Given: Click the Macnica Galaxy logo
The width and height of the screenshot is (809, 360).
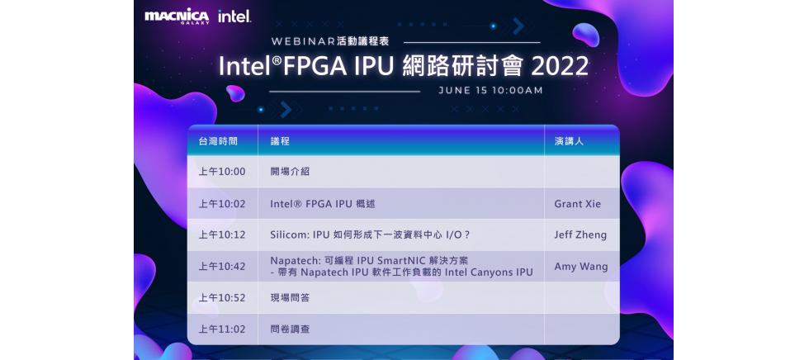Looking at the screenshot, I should tap(177, 17).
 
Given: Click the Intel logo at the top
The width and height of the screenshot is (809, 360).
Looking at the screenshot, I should tap(234, 17).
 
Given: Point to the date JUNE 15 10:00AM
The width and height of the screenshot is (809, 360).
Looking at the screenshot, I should tap(490, 90).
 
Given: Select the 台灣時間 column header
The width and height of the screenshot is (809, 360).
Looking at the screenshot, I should tap(218, 141).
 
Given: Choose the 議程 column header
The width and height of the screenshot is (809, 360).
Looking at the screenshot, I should tap(280, 141).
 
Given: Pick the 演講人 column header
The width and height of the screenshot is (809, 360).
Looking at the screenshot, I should tap(569, 141).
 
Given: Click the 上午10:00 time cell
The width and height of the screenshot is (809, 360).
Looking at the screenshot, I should tap(222, 172).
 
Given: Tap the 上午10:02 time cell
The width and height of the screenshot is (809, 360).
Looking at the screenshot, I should tap(222, 203).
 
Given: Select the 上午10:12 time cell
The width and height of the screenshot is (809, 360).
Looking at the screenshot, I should tap(222, 234).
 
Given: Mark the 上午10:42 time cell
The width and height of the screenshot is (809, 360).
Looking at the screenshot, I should tap(222, 266).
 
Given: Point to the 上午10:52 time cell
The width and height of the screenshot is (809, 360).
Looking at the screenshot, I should tap(222, 297).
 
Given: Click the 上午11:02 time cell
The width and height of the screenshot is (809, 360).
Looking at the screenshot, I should tap(222, 329).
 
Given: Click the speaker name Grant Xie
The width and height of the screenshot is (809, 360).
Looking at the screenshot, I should tap(578, 203).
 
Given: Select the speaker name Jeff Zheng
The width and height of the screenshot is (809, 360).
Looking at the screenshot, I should tap(580, 234).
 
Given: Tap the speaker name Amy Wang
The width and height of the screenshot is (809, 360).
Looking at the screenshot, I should tap(581, 266).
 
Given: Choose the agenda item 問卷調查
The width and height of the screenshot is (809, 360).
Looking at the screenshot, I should tap(290, 329).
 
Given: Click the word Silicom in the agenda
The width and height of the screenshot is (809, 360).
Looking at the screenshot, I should tap(288, 234).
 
